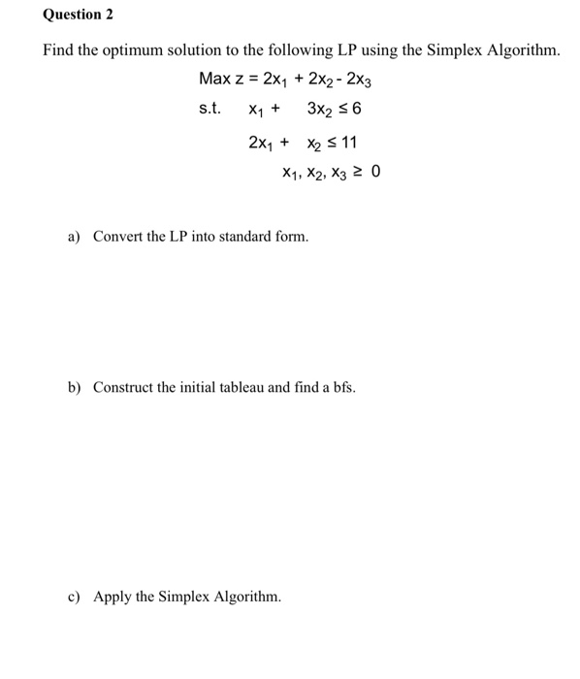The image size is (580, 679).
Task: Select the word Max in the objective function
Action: (215, 78)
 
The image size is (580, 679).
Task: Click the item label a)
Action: (75, 237)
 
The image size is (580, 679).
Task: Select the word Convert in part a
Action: (117, 237)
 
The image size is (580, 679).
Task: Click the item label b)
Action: (75, 388)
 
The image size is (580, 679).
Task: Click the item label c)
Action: (75, 597)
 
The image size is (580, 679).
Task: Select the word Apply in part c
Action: (112, 597)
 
